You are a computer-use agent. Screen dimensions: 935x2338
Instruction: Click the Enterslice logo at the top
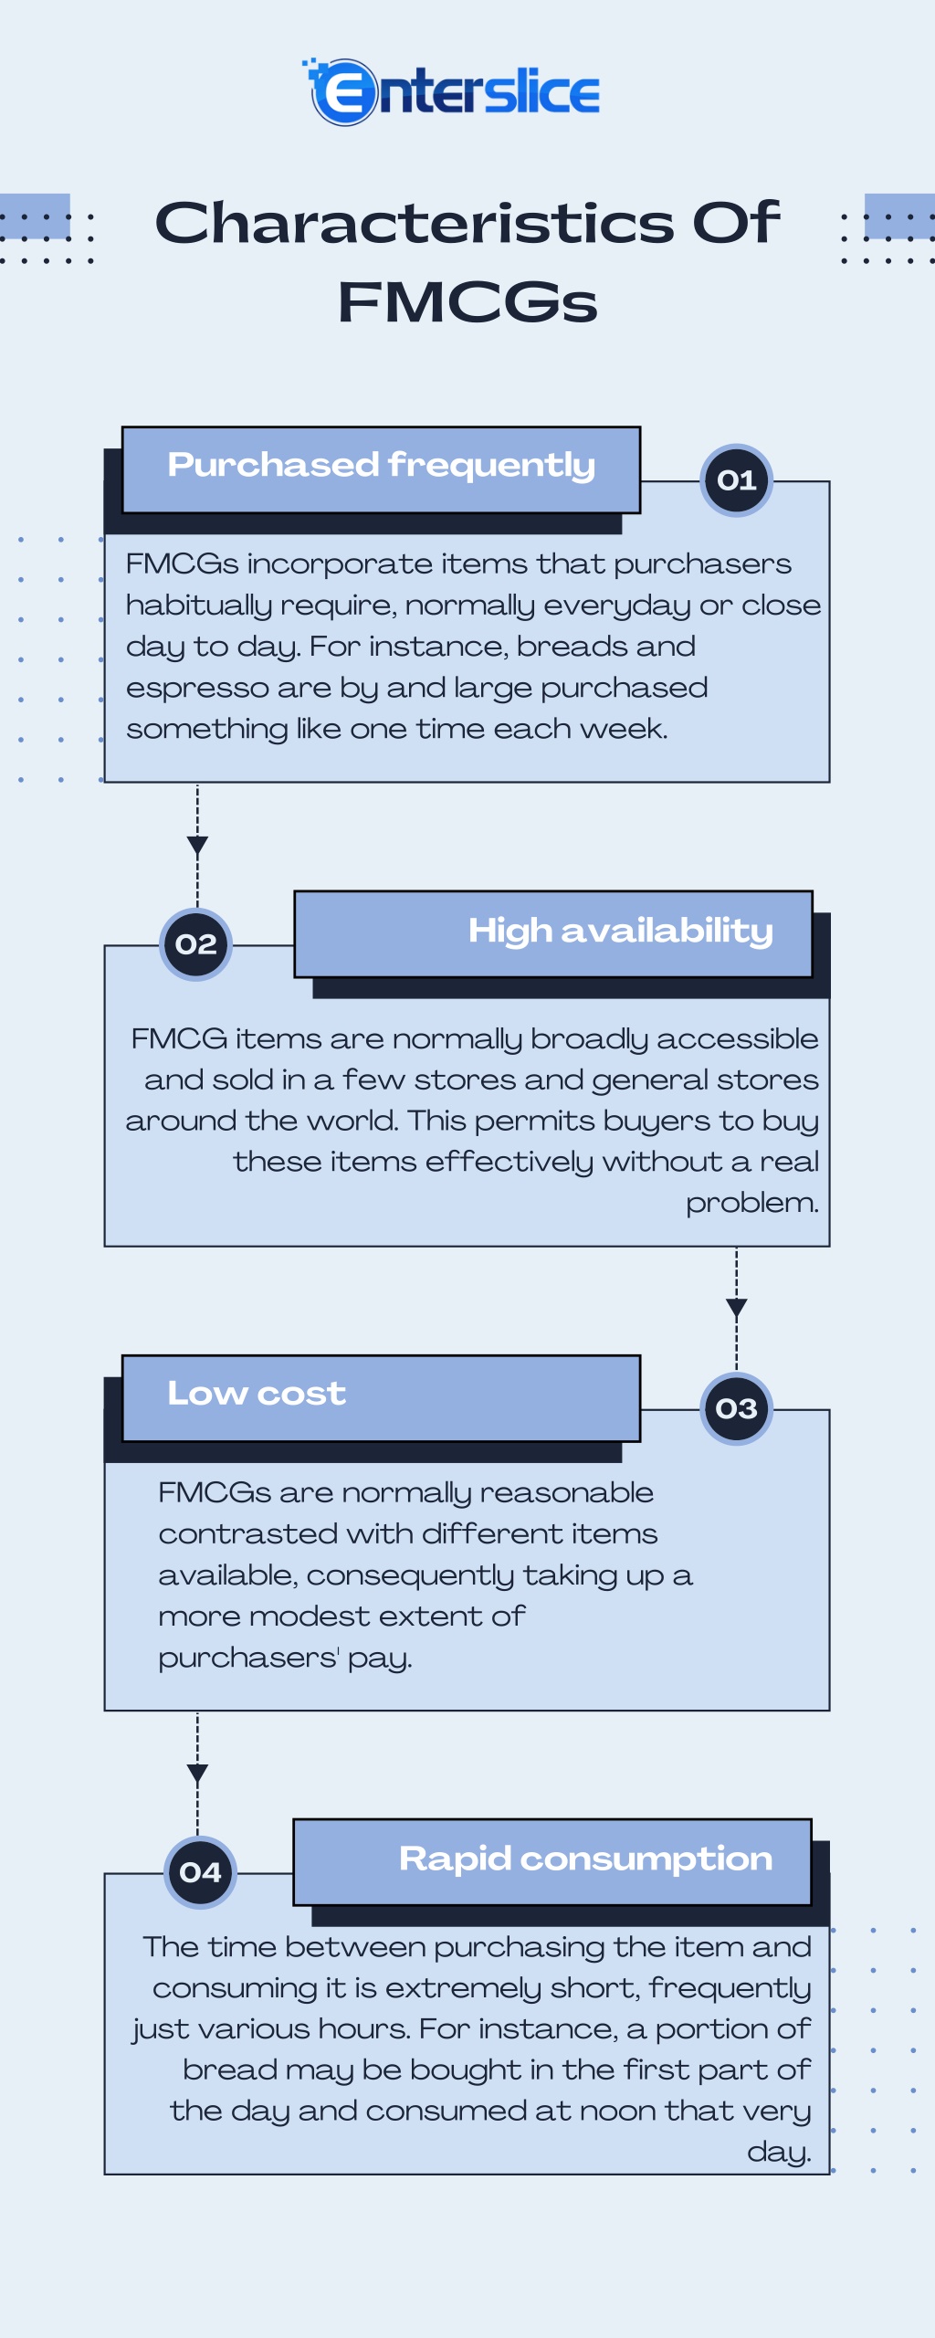tap(451, 92)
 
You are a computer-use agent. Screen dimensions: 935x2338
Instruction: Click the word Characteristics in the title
tap(415, 223)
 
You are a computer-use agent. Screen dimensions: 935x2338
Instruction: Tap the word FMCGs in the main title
tap(467, 302)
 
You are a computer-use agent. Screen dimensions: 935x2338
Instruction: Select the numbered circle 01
tap(737, 481)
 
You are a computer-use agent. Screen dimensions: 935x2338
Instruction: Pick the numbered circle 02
tap(196, 944)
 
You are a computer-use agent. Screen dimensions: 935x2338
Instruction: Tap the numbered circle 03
tap(737, 1408)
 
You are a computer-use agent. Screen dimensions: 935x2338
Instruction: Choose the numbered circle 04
tap(201, 1872)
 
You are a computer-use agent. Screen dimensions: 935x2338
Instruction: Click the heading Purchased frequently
tap(382, 465)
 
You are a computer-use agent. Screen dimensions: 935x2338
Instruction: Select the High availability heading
tap(621, 931)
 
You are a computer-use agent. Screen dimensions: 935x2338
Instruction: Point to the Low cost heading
tap(257, 1394)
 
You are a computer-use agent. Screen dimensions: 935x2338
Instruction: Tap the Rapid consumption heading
tap(586, 1859)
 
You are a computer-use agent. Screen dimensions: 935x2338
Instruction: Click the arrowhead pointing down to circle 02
tap(197, 846)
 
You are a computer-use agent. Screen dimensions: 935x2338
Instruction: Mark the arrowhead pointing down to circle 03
tap(737, 1309)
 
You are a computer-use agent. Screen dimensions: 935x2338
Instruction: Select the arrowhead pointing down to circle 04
tap(197, 1774)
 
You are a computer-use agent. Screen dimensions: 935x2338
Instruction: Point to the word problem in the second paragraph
tap(752, 1203)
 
